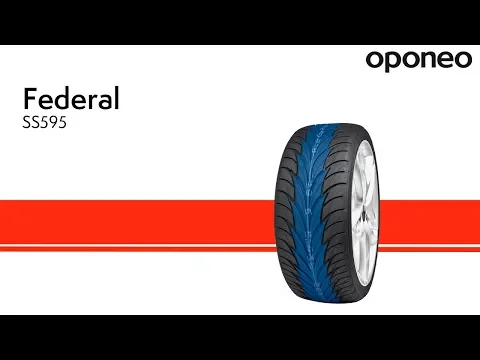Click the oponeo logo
click(419, 61)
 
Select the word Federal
click(71, 98)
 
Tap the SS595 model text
click(45, 123)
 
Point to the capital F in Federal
click(30, 98)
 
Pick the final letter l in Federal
click(117, 98)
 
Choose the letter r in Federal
click(94, 101)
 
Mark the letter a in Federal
click(105, 102)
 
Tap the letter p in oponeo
click(394, 62)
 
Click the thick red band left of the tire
click(137, 222)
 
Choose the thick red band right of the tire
click(429, 222)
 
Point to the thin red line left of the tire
click(138, 249)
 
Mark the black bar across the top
click(240, 22)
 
